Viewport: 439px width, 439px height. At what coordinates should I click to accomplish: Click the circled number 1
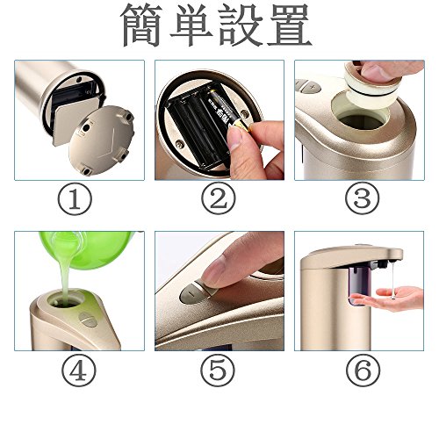pyautogui.click(x=75, y=199)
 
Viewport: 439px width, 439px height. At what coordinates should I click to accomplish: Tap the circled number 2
pyautogui.click(x=219, y=198)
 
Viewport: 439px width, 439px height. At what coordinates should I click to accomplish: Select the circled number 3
pyautogui.click(x=362, y=198)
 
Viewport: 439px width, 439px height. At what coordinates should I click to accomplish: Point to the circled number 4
pyautogui.click(x=79, y=370)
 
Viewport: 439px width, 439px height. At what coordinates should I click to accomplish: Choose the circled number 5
pyautogui.click(x=218, y=370)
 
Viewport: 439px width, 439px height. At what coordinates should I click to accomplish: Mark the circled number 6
pyautogui.click(x=363, y=370)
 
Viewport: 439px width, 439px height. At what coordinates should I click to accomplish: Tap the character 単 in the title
pyautogui.click(x=191, y=25)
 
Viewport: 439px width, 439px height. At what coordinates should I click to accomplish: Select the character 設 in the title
pyautogui.click(x=241, y=25)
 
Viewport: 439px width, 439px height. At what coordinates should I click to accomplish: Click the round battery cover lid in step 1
pyautogui.click(x=102, y=140)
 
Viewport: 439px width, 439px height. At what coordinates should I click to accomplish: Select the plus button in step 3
pyautogui.click(x=313, y=87)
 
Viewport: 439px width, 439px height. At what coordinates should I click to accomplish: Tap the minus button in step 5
pyautogui.click(x=191, y=293)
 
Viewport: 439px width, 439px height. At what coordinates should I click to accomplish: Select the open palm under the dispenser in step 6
pyautogui.click(x=389, y=299)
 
